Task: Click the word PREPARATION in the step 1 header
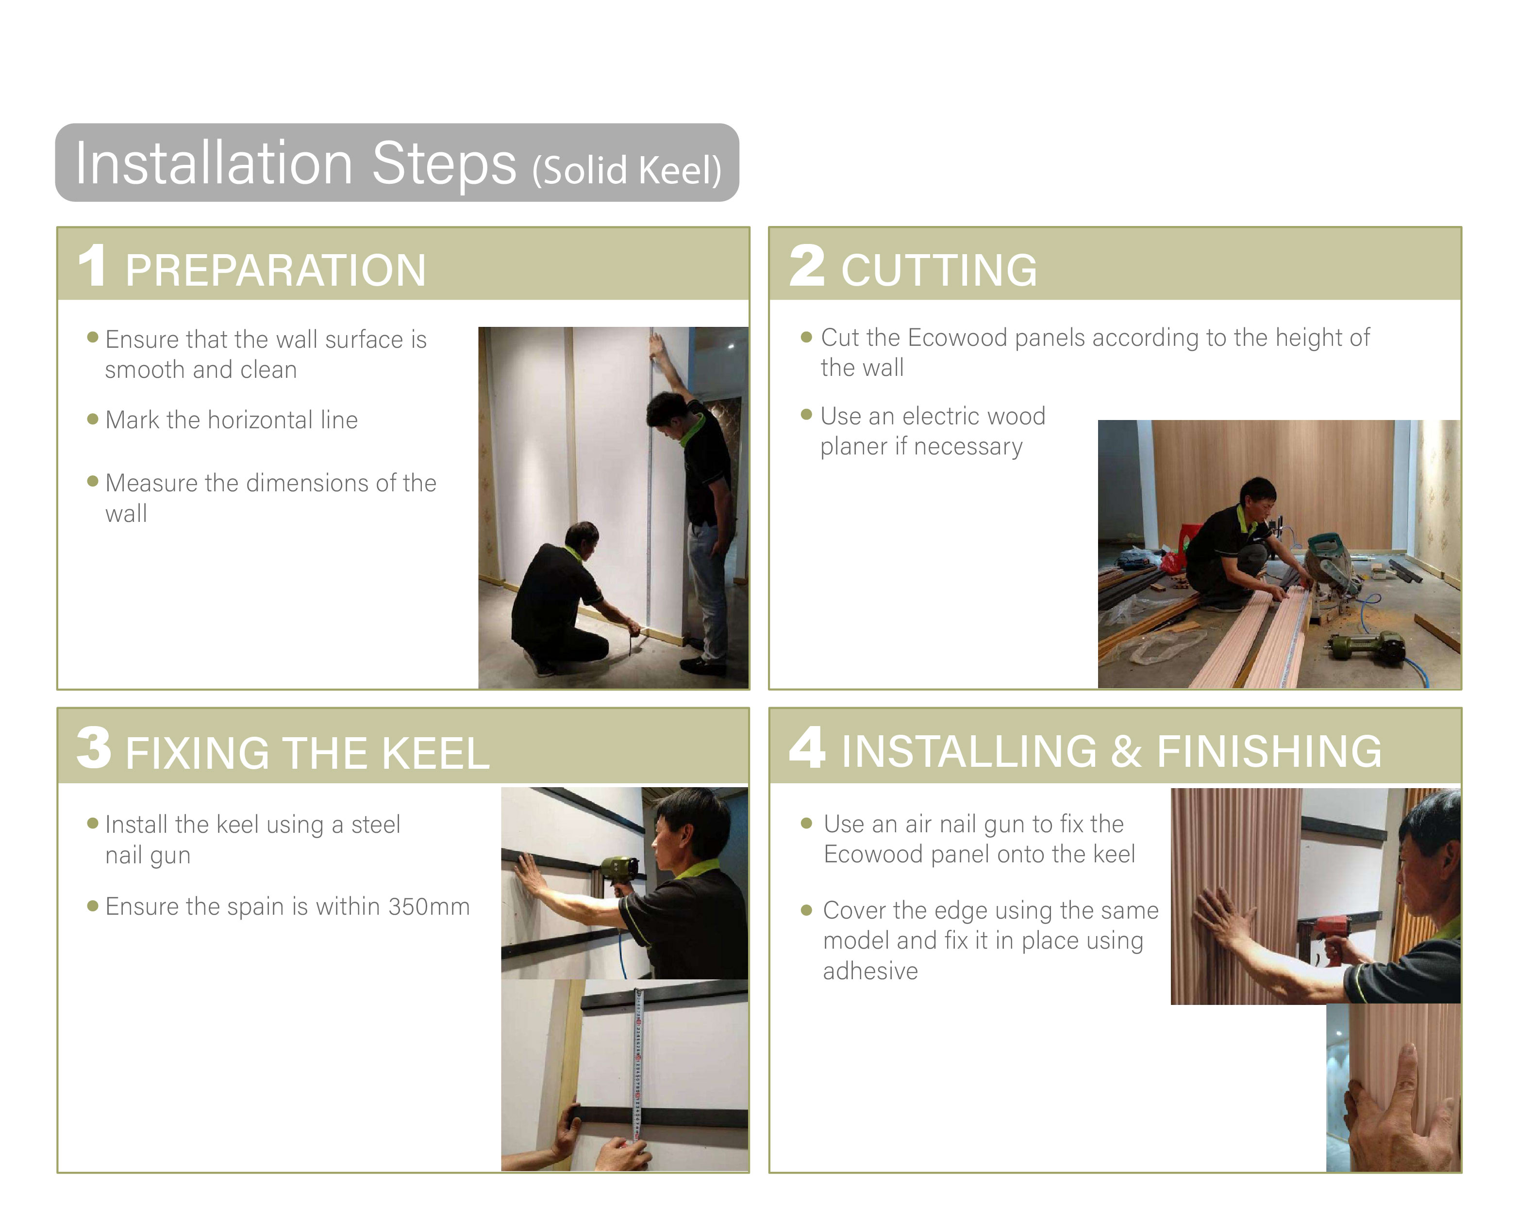coord(275,270)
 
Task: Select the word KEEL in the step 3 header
coord(435,753)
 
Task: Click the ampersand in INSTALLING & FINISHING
coord(1127,751)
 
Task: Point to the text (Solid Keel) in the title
coord(627,170)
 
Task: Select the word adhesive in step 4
coord(870,971)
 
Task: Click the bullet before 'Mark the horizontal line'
coord(92,420)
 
